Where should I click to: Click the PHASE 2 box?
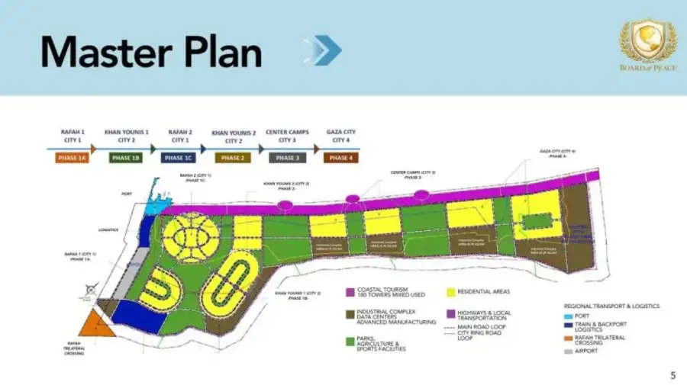coord(233,158)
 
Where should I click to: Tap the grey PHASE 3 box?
coord(287,158)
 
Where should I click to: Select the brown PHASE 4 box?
coord(340,158)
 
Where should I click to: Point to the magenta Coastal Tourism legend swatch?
coord(350,292)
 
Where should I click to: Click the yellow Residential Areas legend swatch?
coord(451,291)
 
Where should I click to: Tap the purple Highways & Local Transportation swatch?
coord(451,313)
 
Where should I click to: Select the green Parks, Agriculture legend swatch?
coord(350,342)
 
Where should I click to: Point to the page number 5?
coord(672,374)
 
